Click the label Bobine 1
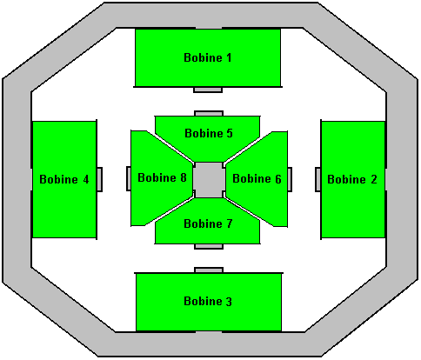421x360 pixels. click(208, 57)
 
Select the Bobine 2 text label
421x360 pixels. click(352, 179)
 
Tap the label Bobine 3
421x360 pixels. click(208, 301)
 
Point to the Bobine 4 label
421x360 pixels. click(64, 179)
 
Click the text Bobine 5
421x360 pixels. click(209, 133)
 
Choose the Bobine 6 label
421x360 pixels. click(257, 178)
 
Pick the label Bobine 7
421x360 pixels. click(208, 223)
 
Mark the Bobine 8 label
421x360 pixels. click(162, 177)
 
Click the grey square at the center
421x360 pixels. click(209, 180)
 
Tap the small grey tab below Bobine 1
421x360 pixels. click(208, 90)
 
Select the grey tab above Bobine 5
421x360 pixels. click(209, 113)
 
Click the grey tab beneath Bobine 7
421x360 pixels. click(209, 246)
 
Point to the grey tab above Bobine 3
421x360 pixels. click(209, 270)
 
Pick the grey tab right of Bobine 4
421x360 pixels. click(99, 179)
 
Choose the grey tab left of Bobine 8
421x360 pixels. click(129, 178)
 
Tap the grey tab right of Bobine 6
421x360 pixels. click(290, 179)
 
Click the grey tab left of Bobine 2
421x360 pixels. click(318, 179)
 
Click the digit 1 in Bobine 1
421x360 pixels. click(229, 57)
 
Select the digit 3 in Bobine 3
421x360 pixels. click(229, 302)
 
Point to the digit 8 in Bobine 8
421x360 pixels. click(184, 177)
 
